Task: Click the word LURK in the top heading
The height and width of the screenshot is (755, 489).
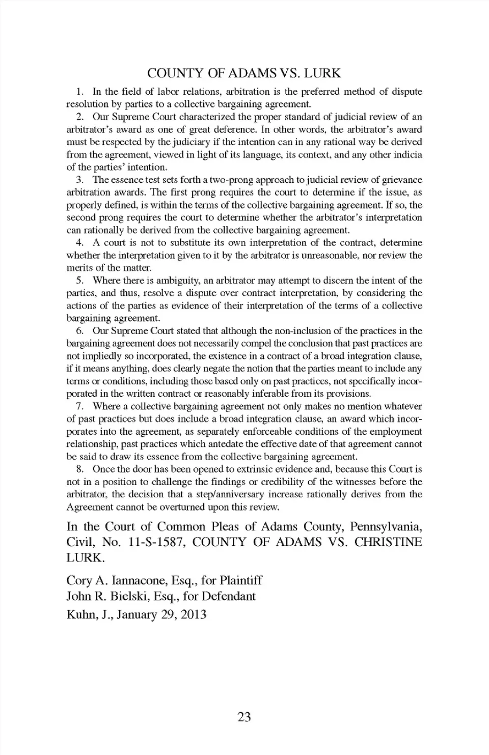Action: [322, 73]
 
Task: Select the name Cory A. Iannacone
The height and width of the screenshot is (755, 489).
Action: [115, 580]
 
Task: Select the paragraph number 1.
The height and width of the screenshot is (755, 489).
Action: [79, 92]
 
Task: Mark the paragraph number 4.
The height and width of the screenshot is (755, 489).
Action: [79, 243]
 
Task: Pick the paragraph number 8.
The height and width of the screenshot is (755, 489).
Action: [79, 469]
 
